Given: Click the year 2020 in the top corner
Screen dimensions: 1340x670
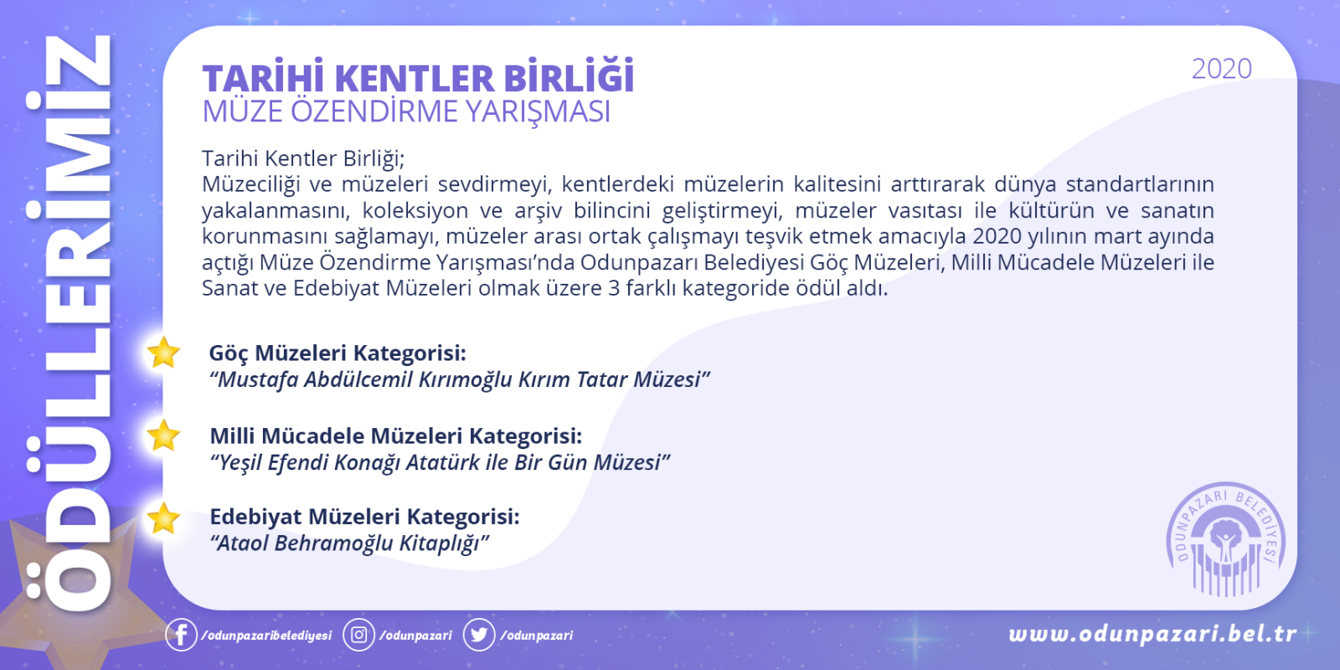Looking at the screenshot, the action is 1222,69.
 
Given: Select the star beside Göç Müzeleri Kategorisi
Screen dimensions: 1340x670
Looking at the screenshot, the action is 163,352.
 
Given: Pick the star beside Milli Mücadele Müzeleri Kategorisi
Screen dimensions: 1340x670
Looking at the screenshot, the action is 163,435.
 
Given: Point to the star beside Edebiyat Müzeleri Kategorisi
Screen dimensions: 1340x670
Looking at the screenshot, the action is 163,518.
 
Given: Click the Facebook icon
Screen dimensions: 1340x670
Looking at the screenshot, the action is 181,634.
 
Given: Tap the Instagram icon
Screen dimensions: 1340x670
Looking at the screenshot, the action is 359,634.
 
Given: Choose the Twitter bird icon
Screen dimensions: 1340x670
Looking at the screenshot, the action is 478,634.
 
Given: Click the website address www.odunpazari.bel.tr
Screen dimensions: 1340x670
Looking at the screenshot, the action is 1152,633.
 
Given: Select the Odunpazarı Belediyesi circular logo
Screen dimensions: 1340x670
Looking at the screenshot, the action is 1226,539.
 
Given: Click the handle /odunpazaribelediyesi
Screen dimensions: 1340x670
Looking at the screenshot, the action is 267,636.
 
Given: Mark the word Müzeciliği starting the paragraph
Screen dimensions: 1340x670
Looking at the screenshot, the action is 250,184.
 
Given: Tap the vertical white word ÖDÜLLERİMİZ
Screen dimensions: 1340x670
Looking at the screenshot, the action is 70,323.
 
